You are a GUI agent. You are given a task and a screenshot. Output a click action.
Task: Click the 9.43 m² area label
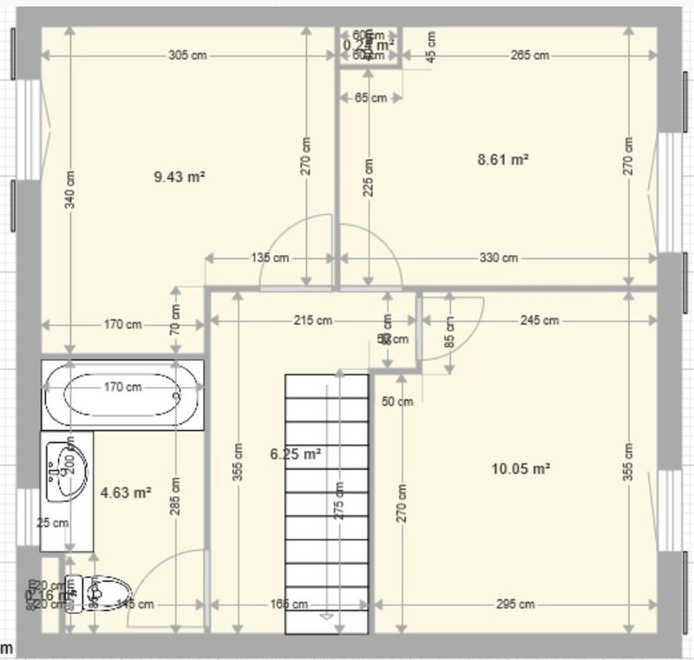pyautogui.click(x=179, y=177)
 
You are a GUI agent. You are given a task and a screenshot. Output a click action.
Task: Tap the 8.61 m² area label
pyautogui.click(x=503, y=160)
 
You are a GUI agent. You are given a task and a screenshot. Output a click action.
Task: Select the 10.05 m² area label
pyautogui.click(x=520, y=468)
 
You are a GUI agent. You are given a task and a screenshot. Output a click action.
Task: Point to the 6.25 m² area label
pyautogui.click(x=296, y=454)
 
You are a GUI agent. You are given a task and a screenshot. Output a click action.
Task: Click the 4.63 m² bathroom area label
pyautogui.click(x=126, y=493)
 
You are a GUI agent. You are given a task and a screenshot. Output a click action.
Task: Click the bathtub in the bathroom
pyautogui.click(x=122, y=394)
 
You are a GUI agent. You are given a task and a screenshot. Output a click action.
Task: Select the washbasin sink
pyautogui.click(x=67, y=472)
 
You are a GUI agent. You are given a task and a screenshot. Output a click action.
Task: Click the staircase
pyautogui.click(x=327, y=503)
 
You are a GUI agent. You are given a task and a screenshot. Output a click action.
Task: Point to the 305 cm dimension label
pyautogui.click(x=187, y=56)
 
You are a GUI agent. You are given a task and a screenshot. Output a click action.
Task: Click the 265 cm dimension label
pyautogui.click(x=529, y=56)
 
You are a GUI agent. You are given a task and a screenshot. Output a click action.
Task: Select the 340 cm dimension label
pyautogui.click(x=70, y=189)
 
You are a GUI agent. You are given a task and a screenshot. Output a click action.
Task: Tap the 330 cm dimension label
pyautogui.click(x=498, y=258)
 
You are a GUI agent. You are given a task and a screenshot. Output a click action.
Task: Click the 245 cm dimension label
pyautogui.click(x=539, y=320)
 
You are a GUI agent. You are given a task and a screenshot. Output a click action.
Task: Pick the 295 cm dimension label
pyautogui.click(x=515, y=604)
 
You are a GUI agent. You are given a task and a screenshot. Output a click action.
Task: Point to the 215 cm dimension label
pyautogui.click(x=312, y=320)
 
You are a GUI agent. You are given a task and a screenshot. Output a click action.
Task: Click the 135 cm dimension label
pyautogui.click(x=269, y=258)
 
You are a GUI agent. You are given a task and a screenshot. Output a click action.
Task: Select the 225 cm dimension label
pyautogui.click(x=370, y=177)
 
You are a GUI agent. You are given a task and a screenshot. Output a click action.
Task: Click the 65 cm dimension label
pyautogui.click(x=370, y=98)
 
